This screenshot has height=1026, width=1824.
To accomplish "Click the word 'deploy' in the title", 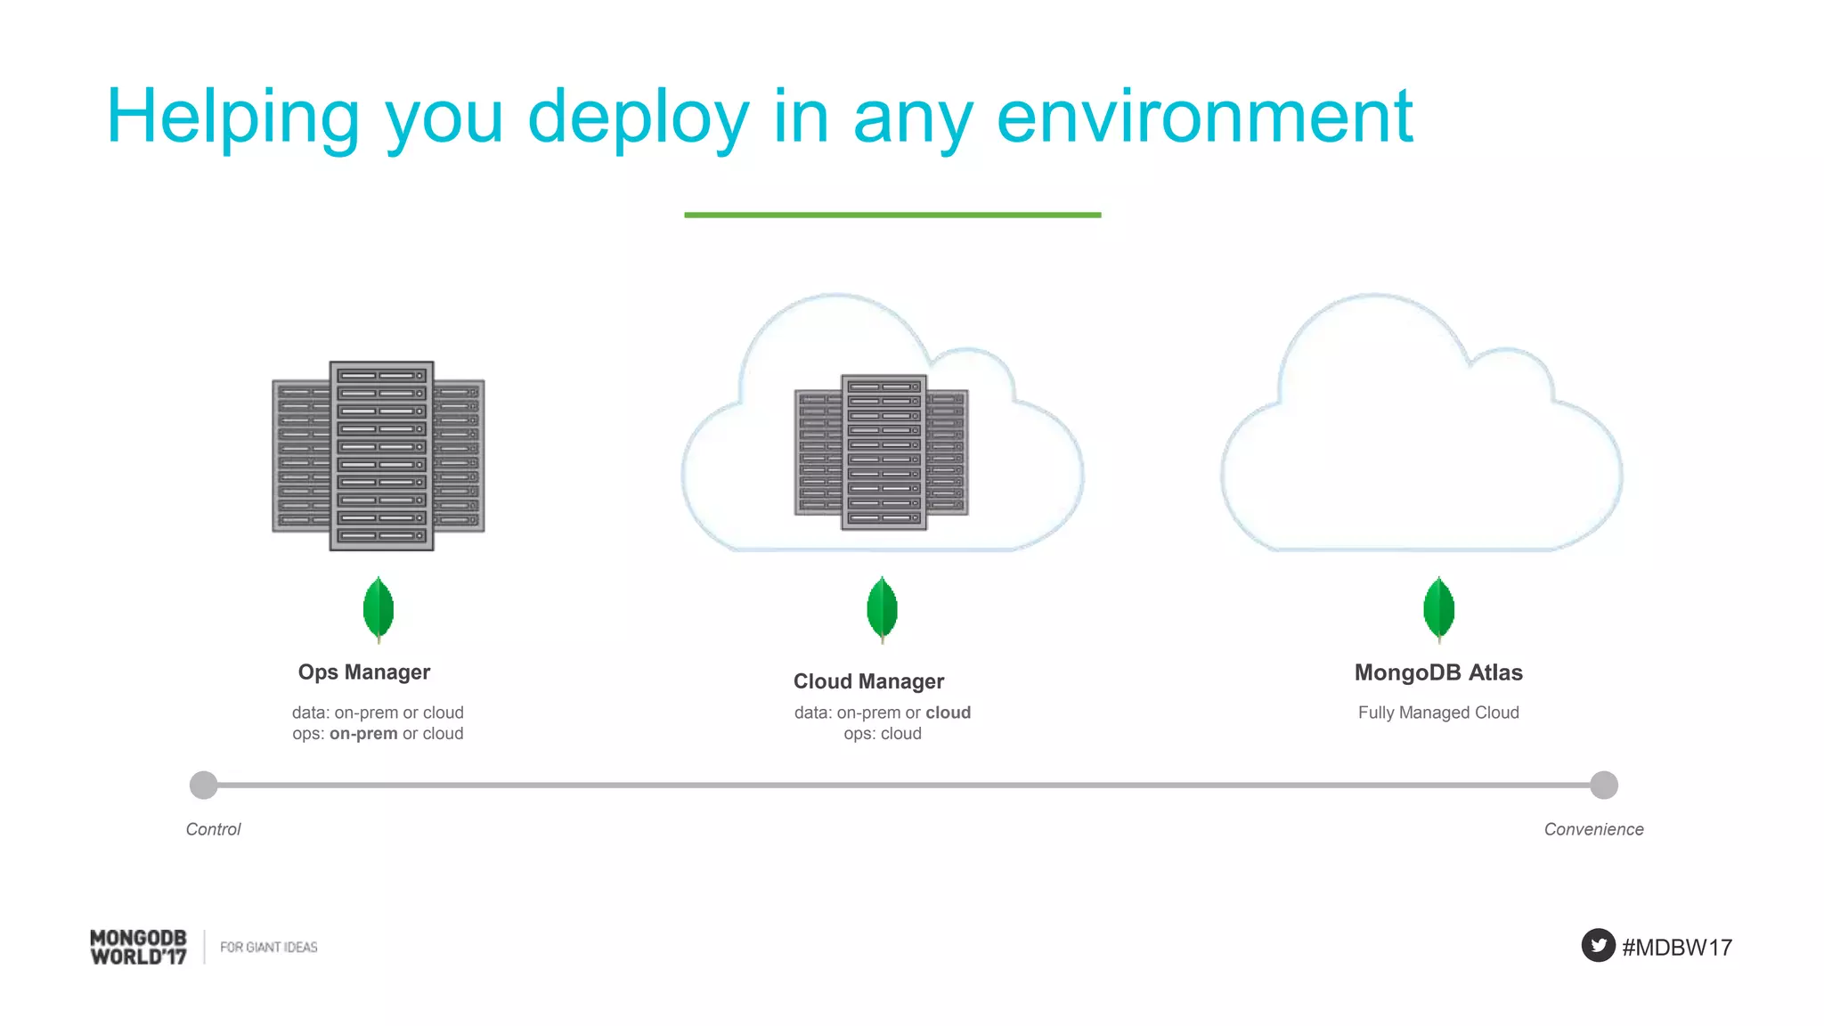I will point(638,118).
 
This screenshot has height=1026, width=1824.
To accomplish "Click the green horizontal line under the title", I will point(892,215).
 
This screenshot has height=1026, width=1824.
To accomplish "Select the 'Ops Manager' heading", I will point(363,672).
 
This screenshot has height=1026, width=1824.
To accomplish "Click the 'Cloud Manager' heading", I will point(868,681).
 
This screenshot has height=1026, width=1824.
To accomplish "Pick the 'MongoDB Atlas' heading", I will point(1438,672).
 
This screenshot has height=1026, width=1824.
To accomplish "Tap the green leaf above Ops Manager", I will point(379,608).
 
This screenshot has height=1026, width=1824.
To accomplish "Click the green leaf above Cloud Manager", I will point(882,608).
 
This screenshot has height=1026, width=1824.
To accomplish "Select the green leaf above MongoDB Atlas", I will point(1438,608).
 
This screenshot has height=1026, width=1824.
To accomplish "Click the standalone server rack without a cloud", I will point(379,455).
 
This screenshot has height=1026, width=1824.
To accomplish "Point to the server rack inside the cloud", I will point(882,452).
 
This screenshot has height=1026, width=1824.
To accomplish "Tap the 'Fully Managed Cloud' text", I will point(1438,712).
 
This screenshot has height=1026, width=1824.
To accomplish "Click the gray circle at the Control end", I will point(204,785).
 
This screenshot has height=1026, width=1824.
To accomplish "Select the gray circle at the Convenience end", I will point(1603,785).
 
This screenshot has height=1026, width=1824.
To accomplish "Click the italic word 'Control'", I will point(213,829).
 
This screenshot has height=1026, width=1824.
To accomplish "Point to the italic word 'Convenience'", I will point(1593,829).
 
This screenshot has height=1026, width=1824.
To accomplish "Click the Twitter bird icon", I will point(1598,945).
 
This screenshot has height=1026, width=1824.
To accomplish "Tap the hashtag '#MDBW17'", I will point(1677,947).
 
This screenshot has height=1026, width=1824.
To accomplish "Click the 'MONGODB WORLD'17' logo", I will point(139,947).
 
